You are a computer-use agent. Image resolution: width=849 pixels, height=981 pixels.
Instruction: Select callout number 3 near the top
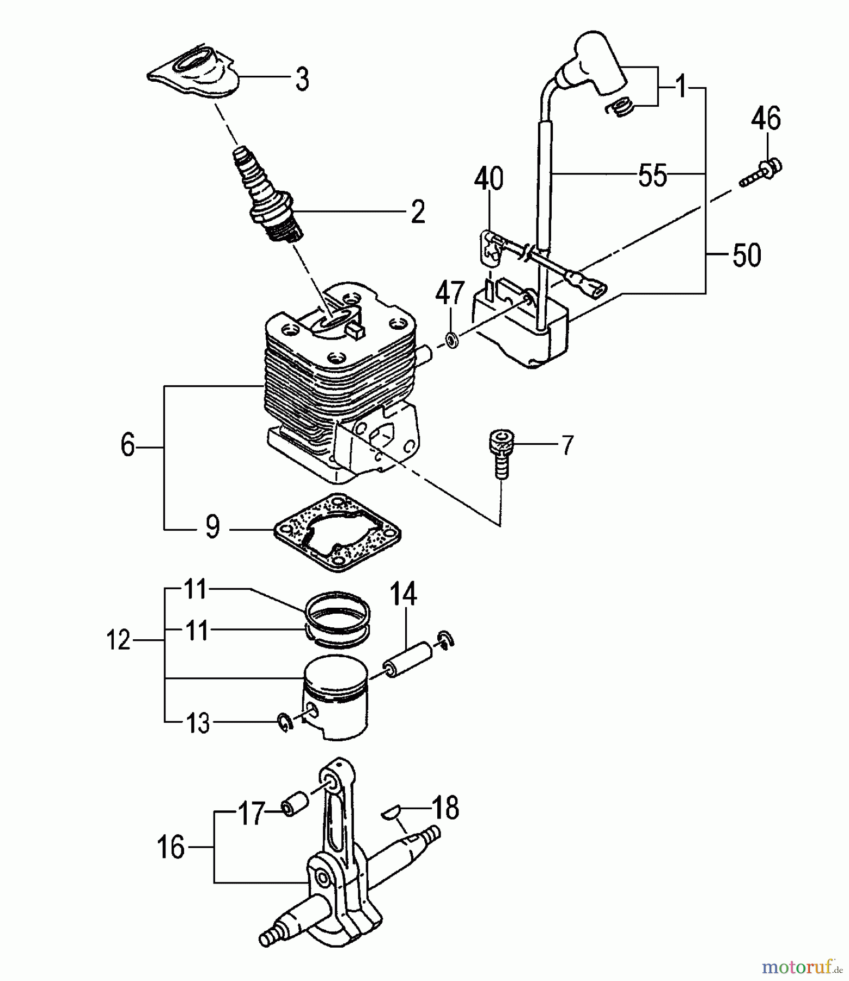[x=302, y=79]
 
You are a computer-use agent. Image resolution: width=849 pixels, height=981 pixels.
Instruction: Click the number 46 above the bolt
[x=766, y=118]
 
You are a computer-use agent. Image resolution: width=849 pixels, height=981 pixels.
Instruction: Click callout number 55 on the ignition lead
[x=652, y=175]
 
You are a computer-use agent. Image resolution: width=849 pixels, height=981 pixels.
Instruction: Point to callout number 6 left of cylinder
[x=127, y=446]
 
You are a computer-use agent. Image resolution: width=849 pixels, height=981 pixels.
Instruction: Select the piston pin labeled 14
[x=408, y=657]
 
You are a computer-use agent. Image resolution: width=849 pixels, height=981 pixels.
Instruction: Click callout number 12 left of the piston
[x=118, y=640]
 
